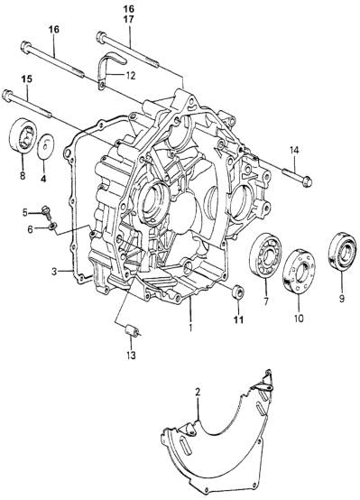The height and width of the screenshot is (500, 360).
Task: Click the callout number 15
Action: tap(27, 79)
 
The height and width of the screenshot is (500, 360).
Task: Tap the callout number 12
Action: tap(130, 76)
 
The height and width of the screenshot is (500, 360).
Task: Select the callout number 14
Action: tap(295, 150)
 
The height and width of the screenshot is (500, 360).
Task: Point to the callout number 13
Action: tap(131, 355)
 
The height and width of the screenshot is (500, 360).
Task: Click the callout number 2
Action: tap(198, 393)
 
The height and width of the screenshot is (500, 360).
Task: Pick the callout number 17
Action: tap(130, 20)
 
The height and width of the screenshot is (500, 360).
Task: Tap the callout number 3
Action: tap(54, 272)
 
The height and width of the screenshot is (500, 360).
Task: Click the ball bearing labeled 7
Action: tap(265, 256)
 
